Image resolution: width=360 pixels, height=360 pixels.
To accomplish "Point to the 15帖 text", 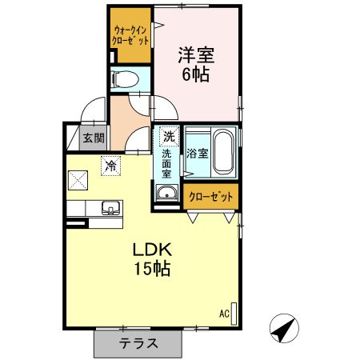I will click(152, 270).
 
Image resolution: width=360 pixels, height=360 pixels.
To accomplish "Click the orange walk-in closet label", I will click(131, 35).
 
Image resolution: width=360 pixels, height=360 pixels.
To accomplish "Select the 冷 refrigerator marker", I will click(109, 167).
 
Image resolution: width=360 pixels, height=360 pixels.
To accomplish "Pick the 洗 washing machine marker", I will click(169, 136).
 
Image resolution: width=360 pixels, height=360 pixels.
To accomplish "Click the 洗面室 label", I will click(168, 162).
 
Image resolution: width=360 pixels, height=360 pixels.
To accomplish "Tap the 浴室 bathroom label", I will click(197, 153).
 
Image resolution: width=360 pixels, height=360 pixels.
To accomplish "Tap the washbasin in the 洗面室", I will click(167, 193).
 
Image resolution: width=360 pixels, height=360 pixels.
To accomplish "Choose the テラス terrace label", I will click(138, 344).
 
